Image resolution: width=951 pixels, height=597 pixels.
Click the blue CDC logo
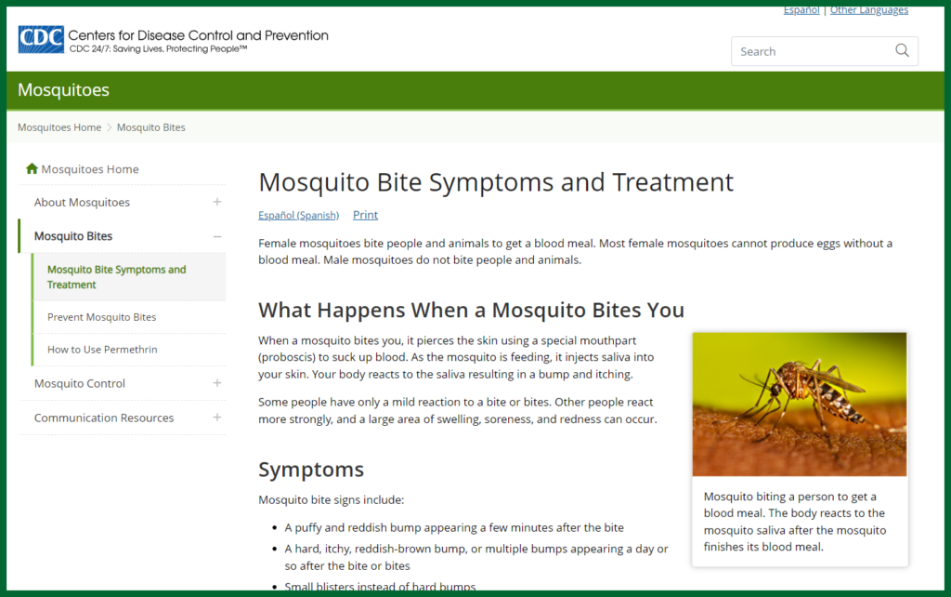[x=41, y=40]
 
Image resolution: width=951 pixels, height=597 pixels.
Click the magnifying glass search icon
[x=902, y=51]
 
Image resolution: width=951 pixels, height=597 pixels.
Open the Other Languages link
[x=868, y=10]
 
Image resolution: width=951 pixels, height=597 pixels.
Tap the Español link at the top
[x=801, y=10]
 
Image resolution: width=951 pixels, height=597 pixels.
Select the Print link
[x=365, y=215]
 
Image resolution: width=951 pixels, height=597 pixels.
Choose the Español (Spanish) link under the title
[x=298, y=215]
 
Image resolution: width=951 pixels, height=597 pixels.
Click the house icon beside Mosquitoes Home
[x=33, y=169]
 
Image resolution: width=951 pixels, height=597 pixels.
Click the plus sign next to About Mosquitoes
[x=217, y=202]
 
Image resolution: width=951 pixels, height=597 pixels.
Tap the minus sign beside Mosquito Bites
[x=217, y=236]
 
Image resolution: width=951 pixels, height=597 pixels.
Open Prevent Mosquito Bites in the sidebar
[x=101, y=317]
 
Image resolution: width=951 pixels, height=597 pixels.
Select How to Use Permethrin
[x=102, y=350]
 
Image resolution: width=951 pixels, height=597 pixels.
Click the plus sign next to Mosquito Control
[x=217, y=383]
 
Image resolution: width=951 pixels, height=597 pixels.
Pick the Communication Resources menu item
[x=104, y=418]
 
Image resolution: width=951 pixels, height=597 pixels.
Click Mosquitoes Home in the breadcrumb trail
[x=59, y=127]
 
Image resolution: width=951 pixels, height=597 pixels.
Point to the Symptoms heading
[x=311, y=469]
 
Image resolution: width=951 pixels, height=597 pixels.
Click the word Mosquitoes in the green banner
[x=63, y=90]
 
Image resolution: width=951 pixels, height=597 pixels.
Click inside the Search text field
[x=808, y=51]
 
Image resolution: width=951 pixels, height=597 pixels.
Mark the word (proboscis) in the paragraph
[x=290, y=357]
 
